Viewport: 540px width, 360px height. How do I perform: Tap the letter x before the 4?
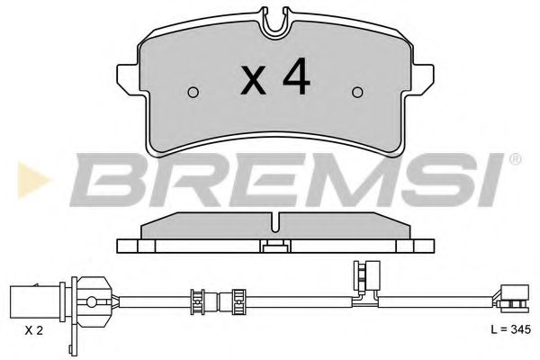pos(255,83)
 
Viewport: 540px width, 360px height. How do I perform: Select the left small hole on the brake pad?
pos(193,91)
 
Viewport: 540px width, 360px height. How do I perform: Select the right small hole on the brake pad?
pos(357,91)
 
